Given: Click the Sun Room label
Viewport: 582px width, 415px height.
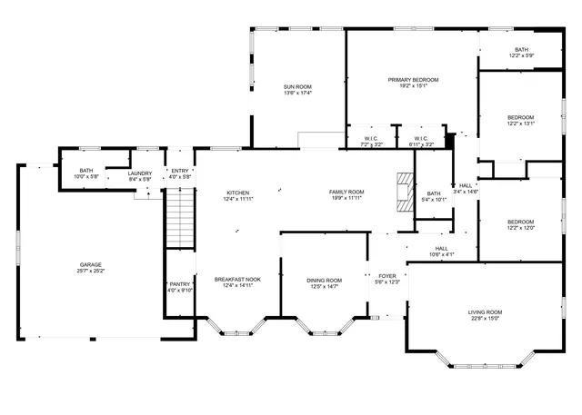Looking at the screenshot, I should [297, 86].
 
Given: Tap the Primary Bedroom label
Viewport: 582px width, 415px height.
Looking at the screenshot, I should [413, 80].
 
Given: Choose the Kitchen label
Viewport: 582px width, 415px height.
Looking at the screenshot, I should [237, 193].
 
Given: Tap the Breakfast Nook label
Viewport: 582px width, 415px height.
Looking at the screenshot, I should [237, 280].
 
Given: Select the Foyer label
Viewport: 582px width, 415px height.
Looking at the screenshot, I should [387, 275].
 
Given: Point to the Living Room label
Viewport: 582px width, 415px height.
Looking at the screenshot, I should [486, 312].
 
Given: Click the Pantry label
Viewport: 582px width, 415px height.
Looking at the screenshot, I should [180, 284].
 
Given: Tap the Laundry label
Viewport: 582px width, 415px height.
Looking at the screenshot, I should [139, 173].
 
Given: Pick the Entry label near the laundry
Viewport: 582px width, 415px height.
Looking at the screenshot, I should [180, 170].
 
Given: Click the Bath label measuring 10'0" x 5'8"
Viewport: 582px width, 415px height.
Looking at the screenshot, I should [85, 170].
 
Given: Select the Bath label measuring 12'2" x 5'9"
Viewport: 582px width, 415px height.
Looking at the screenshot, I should [521, 50].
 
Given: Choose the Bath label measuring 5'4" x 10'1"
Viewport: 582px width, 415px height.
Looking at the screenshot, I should [434, 193].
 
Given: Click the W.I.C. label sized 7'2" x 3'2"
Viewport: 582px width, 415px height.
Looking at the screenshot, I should [371, 138].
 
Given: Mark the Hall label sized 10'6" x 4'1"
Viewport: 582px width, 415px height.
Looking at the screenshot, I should [441, 248].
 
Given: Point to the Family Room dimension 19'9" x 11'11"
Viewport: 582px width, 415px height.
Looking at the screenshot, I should [346, 198].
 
